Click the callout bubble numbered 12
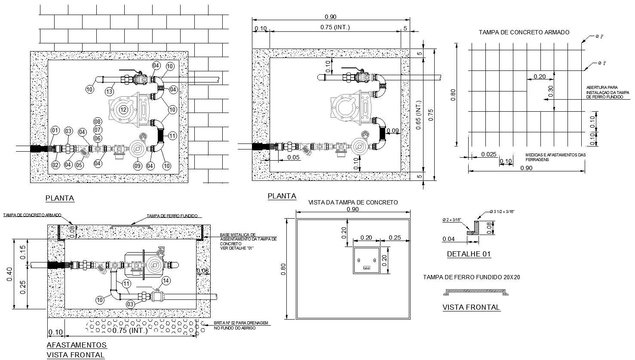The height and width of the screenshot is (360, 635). click(x=123, y=110)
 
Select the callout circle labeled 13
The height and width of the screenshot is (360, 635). click(x=110, y=91)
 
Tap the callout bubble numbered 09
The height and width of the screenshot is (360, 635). click(x=137, y=165)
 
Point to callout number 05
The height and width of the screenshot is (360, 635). click(x=80, y=165)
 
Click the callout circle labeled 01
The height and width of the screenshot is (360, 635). click(x=55, y=130)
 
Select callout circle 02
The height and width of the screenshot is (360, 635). click(x=55, y=165)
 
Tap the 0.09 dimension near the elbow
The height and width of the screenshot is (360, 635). click(x=393, y=131)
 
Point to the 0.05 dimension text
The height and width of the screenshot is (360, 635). click(x=293, y=158)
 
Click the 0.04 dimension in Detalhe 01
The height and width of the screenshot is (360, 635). click(x=448, y=239)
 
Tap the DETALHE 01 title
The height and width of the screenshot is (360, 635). click(x=469, y=254)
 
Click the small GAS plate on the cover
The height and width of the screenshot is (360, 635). click(x=366, y=268)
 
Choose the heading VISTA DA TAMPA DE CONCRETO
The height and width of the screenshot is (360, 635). click(x=353, y=202)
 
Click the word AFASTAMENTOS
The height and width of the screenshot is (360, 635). click(x=76, y=345)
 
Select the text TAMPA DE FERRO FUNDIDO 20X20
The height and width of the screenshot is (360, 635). click(x=471, y=277)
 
